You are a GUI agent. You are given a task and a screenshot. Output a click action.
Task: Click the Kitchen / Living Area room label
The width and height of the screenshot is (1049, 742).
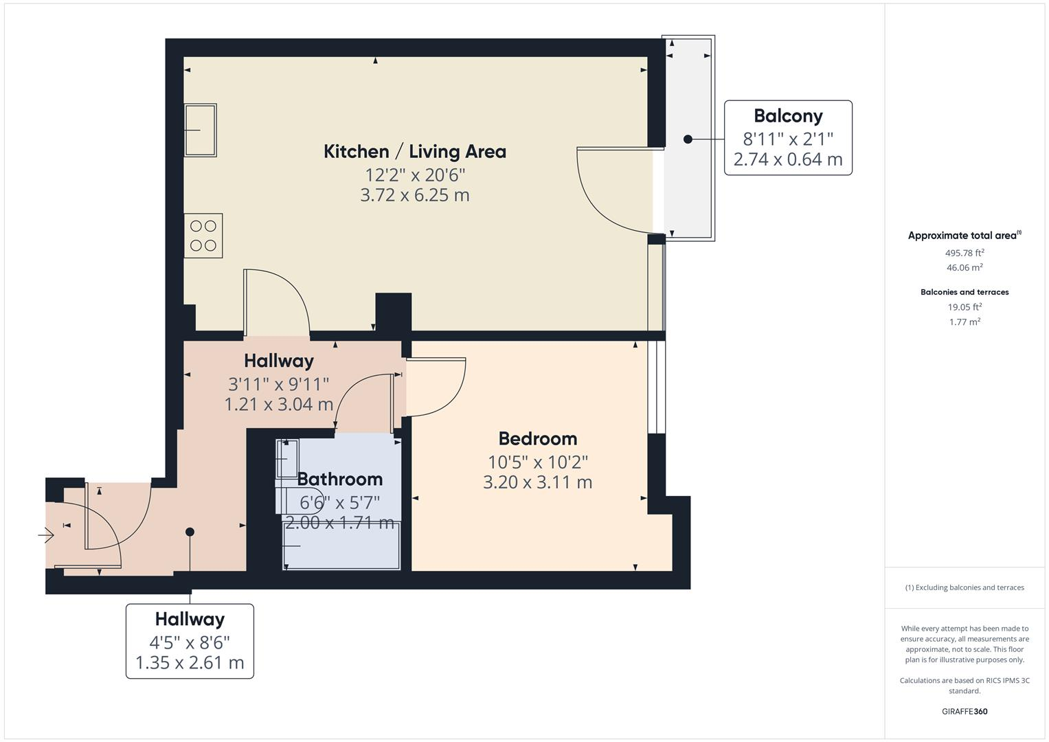coord(414,151)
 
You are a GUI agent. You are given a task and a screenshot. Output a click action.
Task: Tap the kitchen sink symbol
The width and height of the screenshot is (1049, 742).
coord(201,130)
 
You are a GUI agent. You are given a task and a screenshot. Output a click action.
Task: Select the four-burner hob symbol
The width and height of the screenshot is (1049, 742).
coord(203,236)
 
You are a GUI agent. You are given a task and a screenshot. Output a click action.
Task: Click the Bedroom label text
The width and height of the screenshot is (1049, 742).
coord(537,438)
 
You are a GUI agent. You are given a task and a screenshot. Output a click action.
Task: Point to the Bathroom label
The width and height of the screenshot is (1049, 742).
coord(339,479)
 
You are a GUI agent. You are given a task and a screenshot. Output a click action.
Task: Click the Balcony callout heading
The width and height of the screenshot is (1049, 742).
coord(787,115)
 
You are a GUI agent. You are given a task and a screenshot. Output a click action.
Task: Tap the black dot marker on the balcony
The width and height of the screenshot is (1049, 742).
coord(688,139)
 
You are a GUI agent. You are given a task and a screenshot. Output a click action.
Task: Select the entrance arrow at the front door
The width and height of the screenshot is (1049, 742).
coord(46,534)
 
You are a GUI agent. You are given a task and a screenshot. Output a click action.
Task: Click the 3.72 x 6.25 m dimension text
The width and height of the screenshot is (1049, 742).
coord(414,195)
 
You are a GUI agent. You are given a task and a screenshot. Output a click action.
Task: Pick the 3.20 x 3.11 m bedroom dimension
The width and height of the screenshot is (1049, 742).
coord(537,482)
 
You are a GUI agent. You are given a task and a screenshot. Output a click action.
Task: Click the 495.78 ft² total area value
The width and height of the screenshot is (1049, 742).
coord(964,252)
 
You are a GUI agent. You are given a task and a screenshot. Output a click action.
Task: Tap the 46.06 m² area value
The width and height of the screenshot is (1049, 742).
coord(964,267)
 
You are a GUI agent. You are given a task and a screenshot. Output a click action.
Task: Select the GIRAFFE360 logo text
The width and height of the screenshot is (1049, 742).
coord(964,711)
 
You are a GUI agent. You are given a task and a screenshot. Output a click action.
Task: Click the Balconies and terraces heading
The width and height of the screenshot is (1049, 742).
coord(964,292)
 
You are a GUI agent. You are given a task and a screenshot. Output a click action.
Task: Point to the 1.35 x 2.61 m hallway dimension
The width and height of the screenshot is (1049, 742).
coord(190,663)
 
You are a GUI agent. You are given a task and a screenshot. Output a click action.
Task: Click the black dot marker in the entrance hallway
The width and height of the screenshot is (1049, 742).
coord(190,532)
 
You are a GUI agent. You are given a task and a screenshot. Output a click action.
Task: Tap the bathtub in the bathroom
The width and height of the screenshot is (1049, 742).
coord(341,546)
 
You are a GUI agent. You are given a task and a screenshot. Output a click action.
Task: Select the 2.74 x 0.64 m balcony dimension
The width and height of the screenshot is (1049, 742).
coord(787,160)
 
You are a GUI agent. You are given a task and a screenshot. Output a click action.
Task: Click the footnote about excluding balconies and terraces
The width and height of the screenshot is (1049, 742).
coord(964,587)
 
